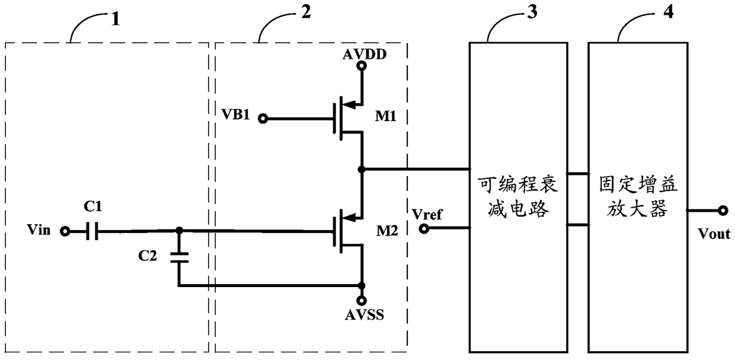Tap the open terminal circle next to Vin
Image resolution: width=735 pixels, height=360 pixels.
click(x=66, y=231)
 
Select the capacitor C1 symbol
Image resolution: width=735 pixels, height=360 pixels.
click(x=92, y=231)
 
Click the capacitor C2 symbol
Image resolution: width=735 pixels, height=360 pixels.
click(x=178, y=257)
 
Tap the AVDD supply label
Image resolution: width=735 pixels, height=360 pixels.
click(x=365, y=55)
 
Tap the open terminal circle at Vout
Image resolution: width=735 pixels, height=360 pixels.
click(x=723, y=210)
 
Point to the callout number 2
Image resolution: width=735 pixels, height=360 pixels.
click(x=305, y=12)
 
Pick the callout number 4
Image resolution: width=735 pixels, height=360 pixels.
click(x=668, y=12)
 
